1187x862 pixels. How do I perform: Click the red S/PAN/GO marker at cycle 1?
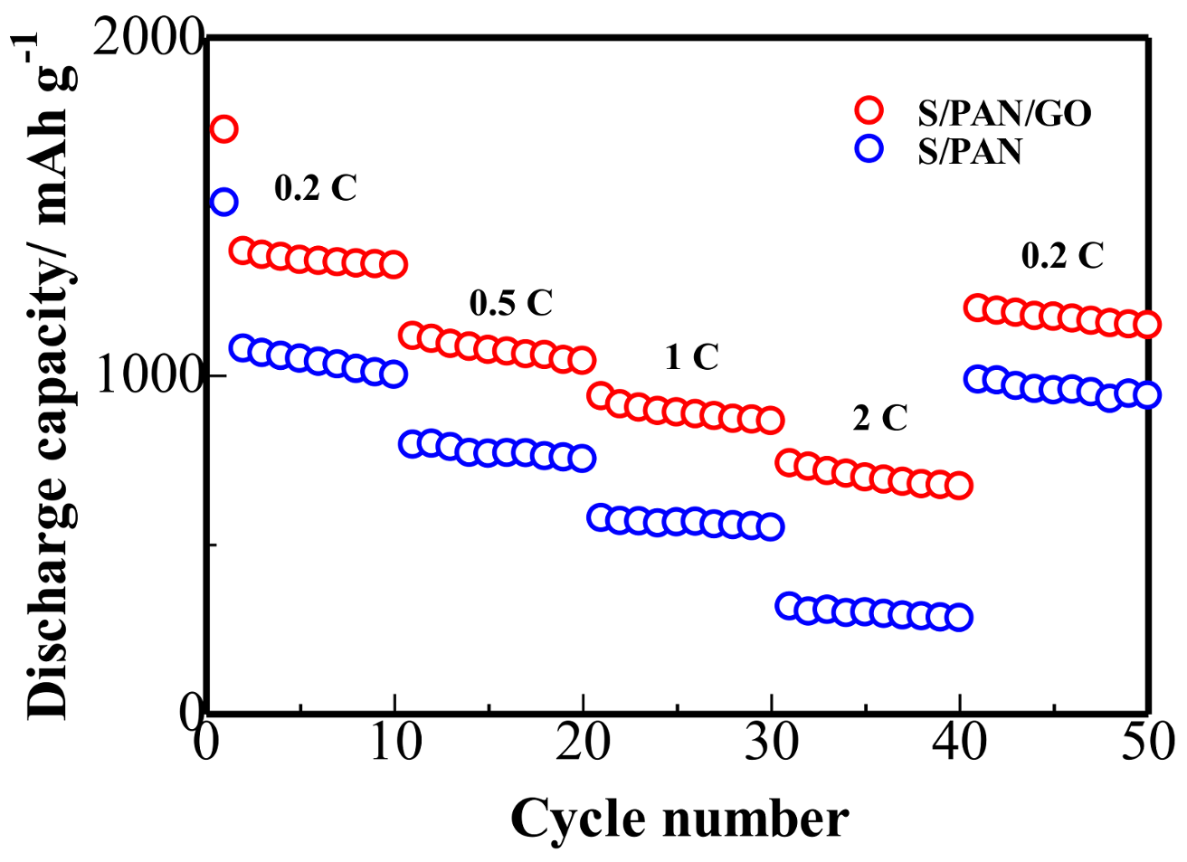pos(223,129)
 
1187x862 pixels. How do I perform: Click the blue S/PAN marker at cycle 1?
pos(223,202)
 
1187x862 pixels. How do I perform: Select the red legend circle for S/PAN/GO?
pos(869,110)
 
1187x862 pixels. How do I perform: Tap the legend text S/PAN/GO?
pos(1004,113)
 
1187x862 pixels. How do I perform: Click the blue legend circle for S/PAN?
pos(869,148)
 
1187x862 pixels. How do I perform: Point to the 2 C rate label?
pos(879,418)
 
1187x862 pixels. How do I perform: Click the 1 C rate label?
pos(691,357)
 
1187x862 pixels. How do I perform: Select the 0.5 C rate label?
pos(511,303)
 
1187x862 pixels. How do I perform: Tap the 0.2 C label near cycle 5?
pos(316,188)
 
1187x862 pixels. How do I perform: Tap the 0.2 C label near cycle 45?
pos(1062,256)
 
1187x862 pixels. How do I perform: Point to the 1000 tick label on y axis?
pos(148,374)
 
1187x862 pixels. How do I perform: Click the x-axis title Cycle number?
pos(679,819)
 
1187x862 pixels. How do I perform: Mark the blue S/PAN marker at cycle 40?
pos(959,618)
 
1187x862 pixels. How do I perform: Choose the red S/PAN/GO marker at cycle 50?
pos(1147,324)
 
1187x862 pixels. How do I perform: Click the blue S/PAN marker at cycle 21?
pos(600,517)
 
